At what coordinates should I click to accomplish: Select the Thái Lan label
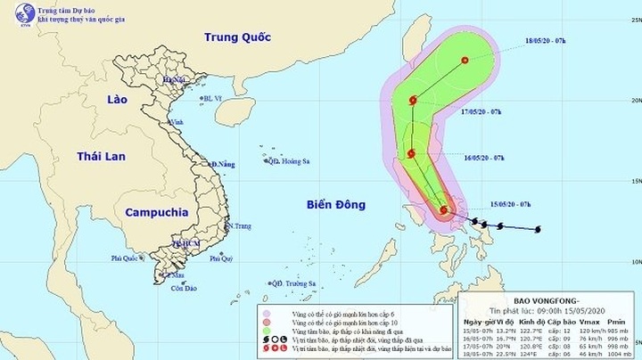tap(99, 156)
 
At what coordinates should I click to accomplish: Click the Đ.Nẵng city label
tap(223, 165)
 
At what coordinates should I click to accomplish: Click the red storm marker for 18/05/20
tap(465, 61)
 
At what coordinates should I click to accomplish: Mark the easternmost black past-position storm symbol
tap(538, 230)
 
